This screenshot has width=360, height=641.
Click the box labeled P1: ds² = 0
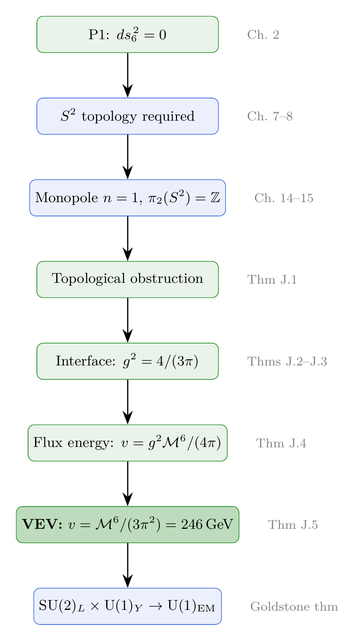click(128, 35)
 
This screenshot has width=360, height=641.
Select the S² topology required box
click(128, 116)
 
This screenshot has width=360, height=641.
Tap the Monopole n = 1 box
click(128, 198)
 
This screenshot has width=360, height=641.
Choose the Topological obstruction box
click(128, 279)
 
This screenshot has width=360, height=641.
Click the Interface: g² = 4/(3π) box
click(128, 361)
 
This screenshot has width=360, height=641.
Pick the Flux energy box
click(128, 443)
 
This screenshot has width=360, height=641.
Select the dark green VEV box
click(128, 525)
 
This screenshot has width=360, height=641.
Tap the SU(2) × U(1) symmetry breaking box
click(128, 606)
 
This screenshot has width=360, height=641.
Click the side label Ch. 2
click(263, 35)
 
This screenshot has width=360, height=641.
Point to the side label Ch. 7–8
click(270, 116)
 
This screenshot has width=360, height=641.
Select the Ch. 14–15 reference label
click(284, 198)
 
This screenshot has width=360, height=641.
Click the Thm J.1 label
click(272, 280)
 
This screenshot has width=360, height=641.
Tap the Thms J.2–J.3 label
click(287, 362)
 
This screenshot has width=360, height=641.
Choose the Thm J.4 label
click(281, 443)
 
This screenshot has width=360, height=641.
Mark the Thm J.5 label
click(293, 525)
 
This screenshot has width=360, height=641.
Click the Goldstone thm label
click(294, 607)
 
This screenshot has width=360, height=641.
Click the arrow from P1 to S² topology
click(128, 75)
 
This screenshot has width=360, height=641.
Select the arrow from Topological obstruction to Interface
click(128, 320)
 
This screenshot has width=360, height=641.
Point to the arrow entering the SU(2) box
click(128, 565)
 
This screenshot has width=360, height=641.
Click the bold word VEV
click(43, 525)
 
